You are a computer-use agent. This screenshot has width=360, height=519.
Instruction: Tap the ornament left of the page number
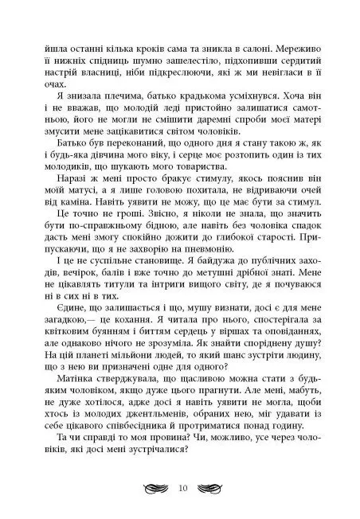pyautogui.click(x=151, y=486)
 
